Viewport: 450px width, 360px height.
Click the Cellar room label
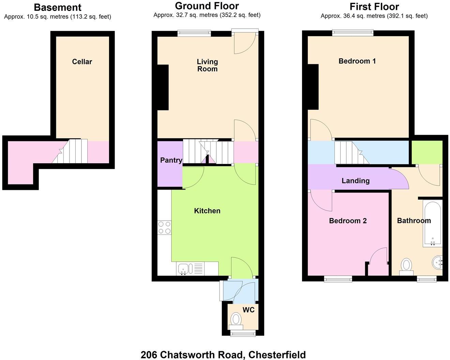[x=82, y=62]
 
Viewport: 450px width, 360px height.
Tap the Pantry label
[x=171, y=160]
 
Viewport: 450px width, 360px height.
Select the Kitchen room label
[x=207, y=211]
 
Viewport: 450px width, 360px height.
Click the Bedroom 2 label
[x=348, y=221]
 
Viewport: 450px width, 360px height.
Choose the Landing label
[x=356, y=181]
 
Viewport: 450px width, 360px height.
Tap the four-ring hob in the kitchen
[x=164, y=228]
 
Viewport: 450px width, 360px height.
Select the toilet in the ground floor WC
[x=236, y=320]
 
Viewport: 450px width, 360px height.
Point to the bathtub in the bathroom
[x=432, y=223]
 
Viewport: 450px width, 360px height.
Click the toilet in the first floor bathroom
[x=406, y=266]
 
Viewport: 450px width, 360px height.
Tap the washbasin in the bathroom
[x=437, y=263]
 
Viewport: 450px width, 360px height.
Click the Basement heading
[x=58, y=7]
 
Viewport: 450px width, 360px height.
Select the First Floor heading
[x=374, y=6]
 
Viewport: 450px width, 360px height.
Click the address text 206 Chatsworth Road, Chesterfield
[x=223, y=355]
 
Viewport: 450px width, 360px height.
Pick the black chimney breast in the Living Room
[x=163, y=87]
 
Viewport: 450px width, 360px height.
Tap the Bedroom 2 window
[x=338, y=279]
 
